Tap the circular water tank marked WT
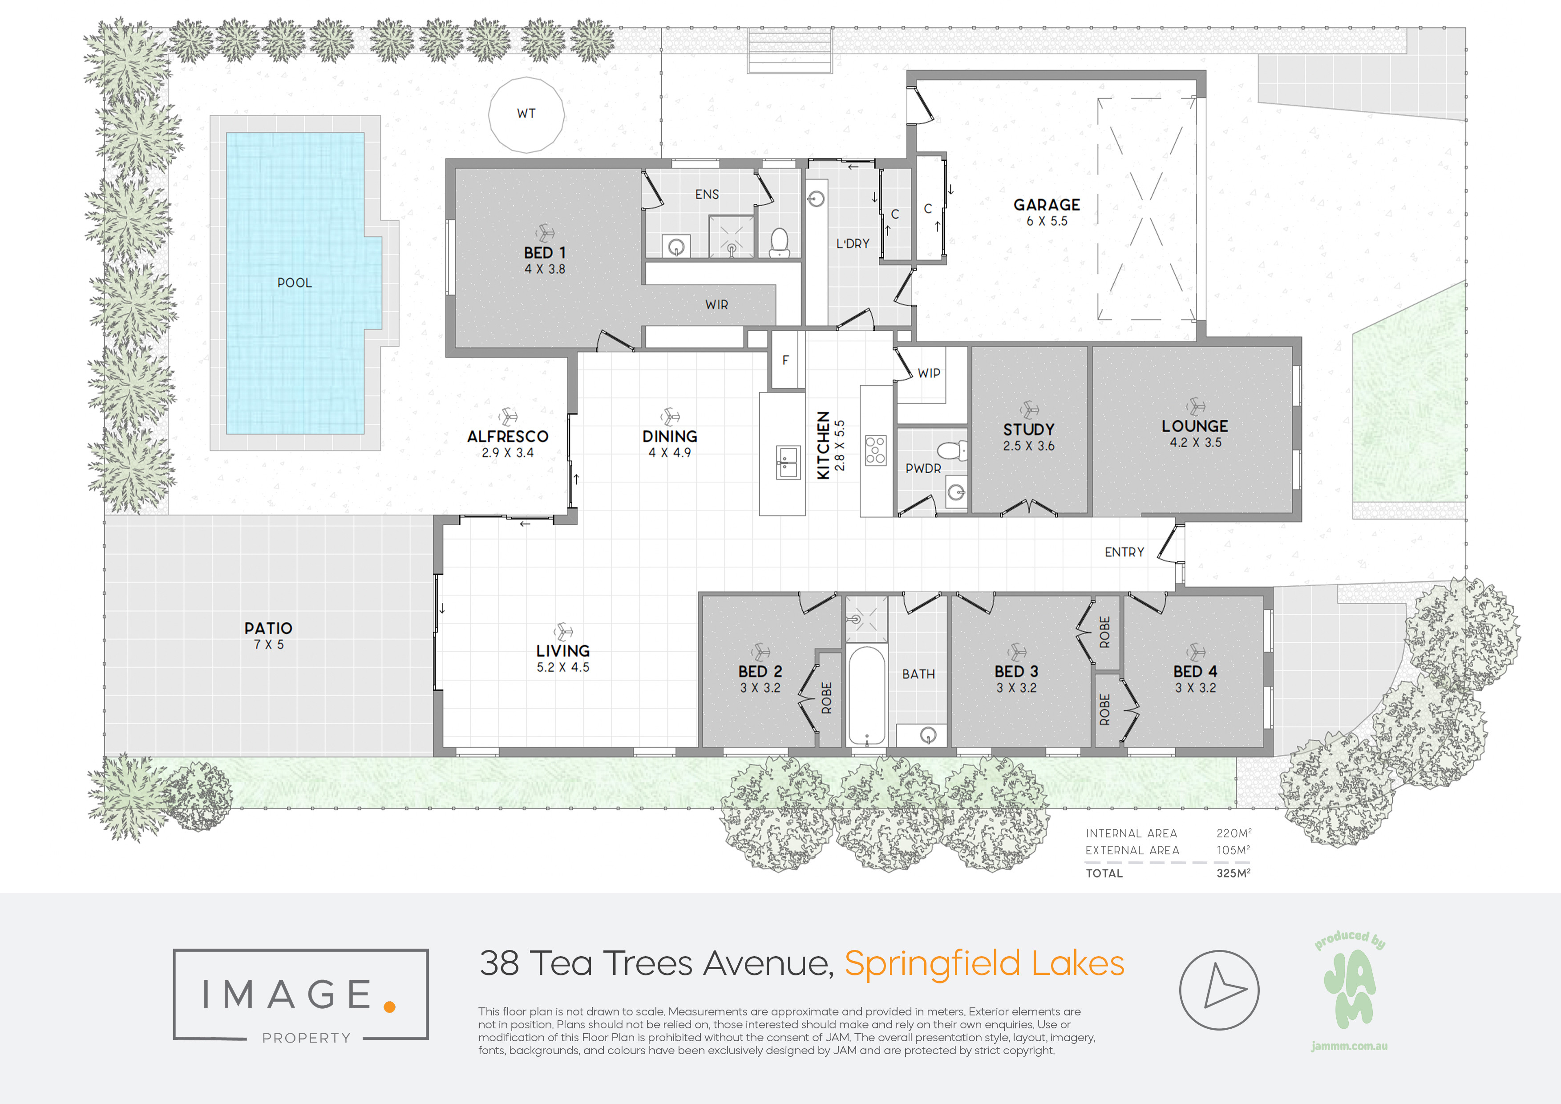click(526, 114)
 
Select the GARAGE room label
click(1046, 205)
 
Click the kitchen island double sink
click(788, 463)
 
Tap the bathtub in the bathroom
click(866, 696)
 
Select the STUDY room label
click(1029, 429)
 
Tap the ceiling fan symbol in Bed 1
click(545, 233)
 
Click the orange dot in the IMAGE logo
click(389, 1007)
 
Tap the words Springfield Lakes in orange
click(984, 963)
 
